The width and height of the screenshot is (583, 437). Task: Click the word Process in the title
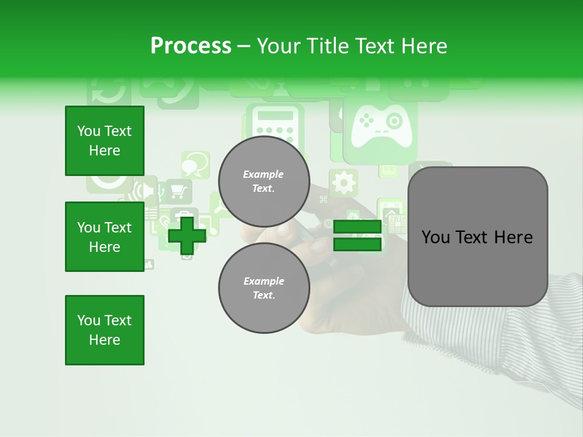[191, 46]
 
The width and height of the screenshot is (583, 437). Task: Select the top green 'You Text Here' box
[104, 141]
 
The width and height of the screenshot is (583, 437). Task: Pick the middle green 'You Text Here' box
[104, 237]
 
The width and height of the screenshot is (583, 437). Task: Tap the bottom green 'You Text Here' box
[104, 330]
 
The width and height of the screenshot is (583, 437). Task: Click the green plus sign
[187, 235]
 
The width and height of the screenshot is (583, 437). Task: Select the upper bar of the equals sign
[357, 227]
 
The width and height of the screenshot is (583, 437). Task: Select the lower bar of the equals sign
[357, 245]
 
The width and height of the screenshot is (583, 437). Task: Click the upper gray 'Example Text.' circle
[264, 181]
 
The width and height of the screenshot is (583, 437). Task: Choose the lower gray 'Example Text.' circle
[264, 288]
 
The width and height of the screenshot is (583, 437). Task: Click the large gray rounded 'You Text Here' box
[477, 237]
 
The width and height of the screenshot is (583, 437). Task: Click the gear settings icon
[344, 183]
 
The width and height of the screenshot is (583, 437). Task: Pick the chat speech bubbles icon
[195, 164]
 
